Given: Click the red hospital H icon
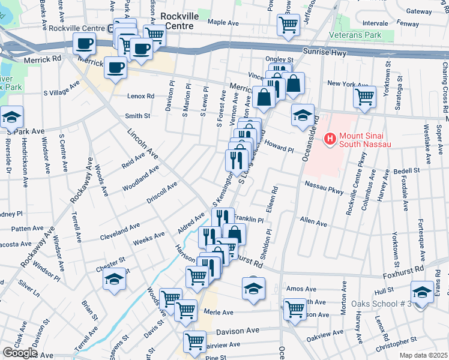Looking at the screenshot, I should coord(329,139).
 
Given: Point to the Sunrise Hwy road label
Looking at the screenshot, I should coord(325,52).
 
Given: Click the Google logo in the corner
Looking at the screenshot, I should coord(20,353).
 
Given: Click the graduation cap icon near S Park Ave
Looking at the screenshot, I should coord(11,117).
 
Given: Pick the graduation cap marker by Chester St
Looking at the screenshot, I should coord(113,279).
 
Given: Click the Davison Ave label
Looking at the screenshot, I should coord(237,331).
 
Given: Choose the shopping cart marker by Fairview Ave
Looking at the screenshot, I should coord(195,341).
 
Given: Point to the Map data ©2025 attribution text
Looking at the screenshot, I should coord(424,355).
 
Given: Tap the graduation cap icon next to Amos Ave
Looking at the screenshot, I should coord(253,289).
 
